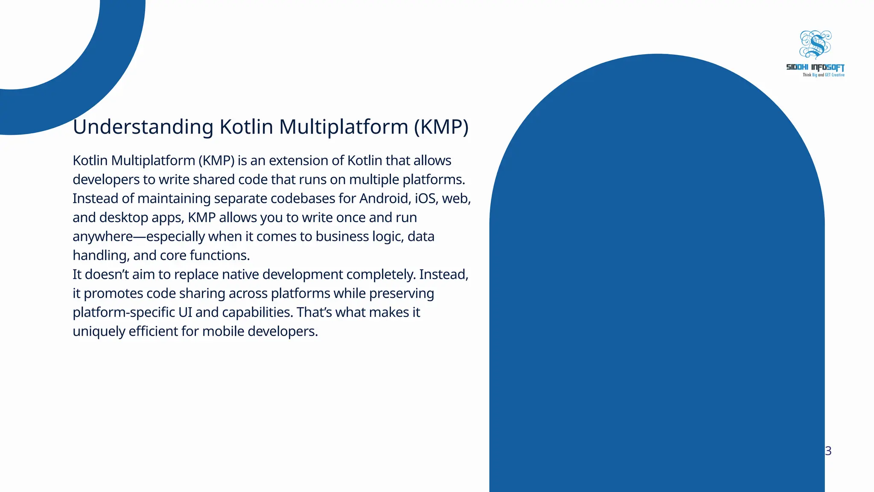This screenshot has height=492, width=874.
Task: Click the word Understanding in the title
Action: tap(143, 127)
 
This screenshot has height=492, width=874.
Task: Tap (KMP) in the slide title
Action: tap(441, 127)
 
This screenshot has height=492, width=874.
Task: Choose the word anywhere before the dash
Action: tap(102, 237)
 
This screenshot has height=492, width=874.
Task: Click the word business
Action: tap(342, 237)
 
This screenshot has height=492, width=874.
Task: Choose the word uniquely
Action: tap(99, 331)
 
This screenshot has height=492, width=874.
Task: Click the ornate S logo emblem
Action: tap(815, 44)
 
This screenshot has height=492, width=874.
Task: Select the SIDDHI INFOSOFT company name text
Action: tap(815, 67)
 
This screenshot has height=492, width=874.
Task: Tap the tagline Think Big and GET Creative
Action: tap(823, 75)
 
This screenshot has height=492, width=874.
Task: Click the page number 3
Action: tap(828, 451)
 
